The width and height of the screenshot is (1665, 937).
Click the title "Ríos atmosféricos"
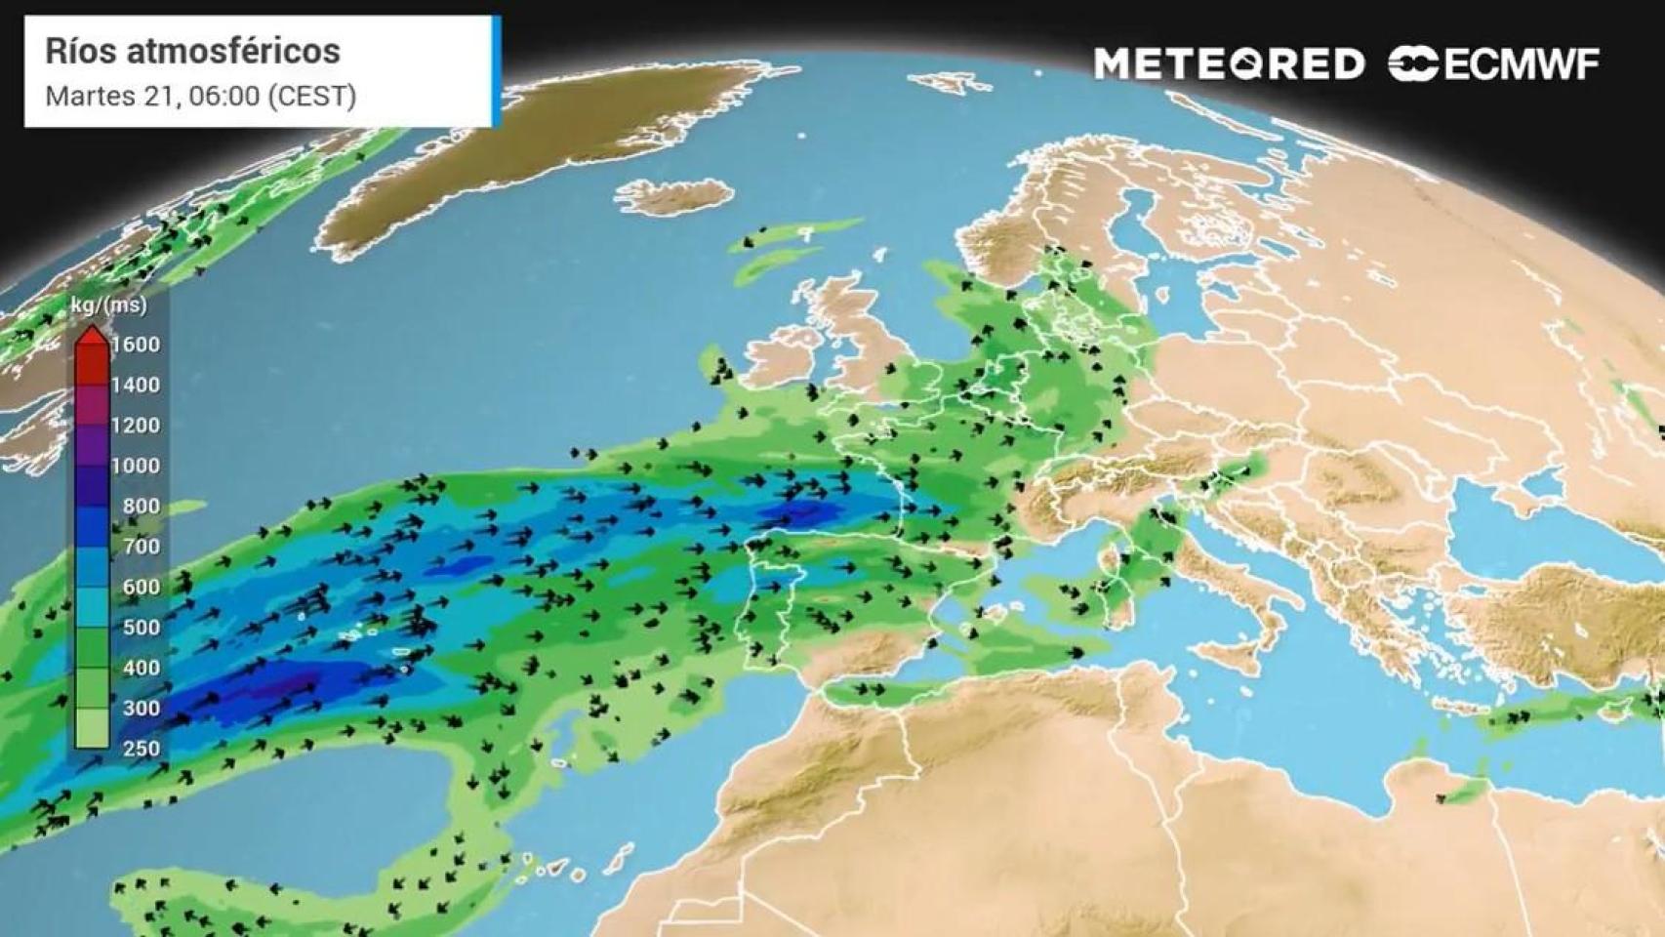pos(192,51)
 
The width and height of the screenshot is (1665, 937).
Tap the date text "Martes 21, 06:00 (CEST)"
pos(200,96)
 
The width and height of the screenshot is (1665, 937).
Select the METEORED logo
pos(1229,64)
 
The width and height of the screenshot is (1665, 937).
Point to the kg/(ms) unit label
pos(109,306)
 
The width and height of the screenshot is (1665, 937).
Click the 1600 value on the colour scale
pos(136,345)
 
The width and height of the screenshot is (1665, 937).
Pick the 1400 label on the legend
pos(136,385)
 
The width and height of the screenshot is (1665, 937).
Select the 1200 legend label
pos(136,426)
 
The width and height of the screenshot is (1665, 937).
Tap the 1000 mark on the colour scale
pos(136,466)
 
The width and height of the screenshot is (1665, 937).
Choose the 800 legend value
pos(141,506)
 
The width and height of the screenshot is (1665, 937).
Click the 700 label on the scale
pos(141,547)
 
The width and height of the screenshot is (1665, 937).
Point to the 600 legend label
pos(141,587)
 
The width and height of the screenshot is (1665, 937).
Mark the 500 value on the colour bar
pos(141,628)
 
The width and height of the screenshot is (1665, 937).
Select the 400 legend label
pos(141,668)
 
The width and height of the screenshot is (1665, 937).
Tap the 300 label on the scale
pos(141,708)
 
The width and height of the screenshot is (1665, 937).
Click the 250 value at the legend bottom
pos(141,749)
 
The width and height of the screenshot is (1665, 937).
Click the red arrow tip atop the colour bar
pos(93,335)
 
